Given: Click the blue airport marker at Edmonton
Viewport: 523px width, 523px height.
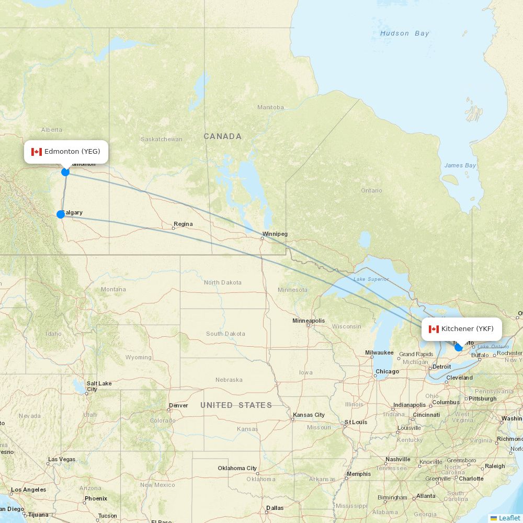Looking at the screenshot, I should click(x=65, y=172).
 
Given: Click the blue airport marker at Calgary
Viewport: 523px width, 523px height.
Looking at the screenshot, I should click(x=61, y=214).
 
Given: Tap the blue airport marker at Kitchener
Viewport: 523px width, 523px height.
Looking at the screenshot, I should click(x=459, y=347).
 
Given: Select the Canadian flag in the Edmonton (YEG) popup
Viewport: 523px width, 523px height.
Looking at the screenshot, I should click(x=36, y=152).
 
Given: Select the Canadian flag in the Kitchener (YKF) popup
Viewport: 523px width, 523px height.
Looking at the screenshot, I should click(x=434, y=329).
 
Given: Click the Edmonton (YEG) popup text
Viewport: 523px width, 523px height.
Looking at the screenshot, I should click(x=72, y=152).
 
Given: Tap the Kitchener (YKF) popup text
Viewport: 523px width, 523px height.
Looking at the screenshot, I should click(x=467, y=329).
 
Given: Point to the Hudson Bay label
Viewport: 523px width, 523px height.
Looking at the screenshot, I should click(x=404, y=33).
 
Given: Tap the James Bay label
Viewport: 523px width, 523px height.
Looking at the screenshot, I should click(x=460, y=166).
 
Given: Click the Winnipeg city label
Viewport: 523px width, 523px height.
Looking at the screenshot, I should click(x=275, y=234).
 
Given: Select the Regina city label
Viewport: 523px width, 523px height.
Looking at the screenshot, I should click(x=183, y=224).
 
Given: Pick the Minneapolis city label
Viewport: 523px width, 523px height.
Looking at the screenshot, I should click(x=309, y=321).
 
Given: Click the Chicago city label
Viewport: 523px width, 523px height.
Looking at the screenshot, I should click(x=386, y=371).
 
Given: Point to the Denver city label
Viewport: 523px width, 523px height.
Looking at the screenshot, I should click(x=178, y=405).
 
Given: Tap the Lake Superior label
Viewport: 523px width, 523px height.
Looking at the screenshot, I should click(x=371, y=279).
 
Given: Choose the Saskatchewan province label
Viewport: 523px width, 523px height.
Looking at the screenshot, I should click(x=162, y=139).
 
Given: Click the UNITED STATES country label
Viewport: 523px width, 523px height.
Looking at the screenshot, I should click(x=236, y=405).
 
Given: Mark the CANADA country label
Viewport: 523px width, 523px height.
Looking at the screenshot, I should click(x=223, y=137).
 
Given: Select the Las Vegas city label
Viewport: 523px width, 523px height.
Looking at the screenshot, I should click(x=62, y=460).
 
